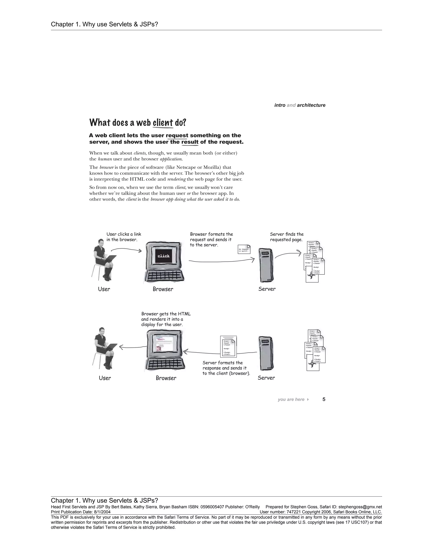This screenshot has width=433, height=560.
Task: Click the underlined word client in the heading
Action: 163,123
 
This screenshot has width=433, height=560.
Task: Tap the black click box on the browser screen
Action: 163,256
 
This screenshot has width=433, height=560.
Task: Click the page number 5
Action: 324,399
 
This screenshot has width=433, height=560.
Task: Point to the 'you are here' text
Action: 291,399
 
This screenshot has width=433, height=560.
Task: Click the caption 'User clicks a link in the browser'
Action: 124,237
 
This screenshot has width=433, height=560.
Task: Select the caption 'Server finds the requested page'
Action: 286,237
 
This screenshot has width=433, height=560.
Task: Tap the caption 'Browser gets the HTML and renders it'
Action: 166,319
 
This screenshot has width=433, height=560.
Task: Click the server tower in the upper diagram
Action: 266,265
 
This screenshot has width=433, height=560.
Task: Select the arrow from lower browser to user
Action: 133,347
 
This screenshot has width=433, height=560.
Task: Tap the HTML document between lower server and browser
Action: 228,347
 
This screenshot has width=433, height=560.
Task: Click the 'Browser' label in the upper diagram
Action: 163,289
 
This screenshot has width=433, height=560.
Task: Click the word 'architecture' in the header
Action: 311,105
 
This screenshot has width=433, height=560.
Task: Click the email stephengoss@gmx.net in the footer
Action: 360,507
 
